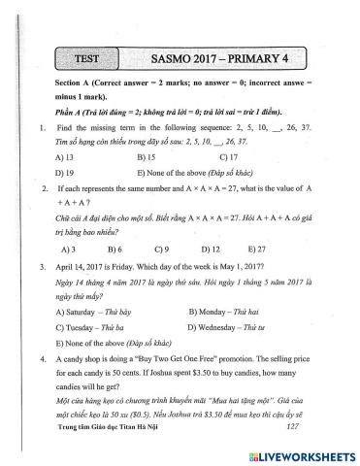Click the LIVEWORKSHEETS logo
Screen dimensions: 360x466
(303, 453)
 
